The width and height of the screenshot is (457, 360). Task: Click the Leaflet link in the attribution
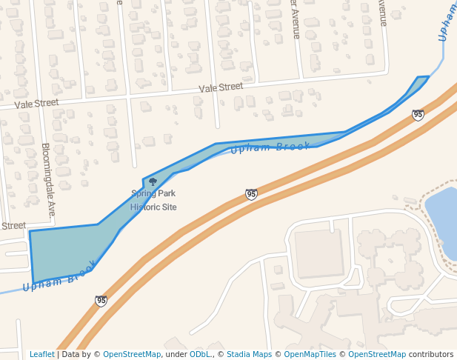(x=41, y=354)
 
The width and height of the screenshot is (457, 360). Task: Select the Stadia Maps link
(x=249, y=354)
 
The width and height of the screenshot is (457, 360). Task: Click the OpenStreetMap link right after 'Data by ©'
(x=132, y=354)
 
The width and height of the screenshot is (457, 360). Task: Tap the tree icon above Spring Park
(x=153, y=181)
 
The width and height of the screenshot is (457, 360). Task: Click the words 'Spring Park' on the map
(x=153, y=194)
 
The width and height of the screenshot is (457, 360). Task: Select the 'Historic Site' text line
(x=153, y=207)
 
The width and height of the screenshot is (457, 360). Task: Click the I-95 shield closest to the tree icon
(x=251, y=194)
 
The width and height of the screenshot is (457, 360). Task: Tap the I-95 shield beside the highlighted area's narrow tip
(x=418, y=115)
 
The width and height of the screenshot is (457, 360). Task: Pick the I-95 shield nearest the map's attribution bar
(x=101, y=301)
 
